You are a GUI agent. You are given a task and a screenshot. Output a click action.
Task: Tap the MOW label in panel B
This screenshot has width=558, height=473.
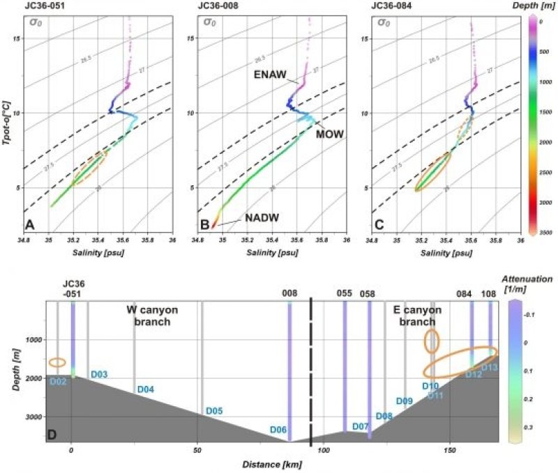(328, 133)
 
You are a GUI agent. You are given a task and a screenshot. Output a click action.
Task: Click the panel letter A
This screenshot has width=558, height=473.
(29, 224)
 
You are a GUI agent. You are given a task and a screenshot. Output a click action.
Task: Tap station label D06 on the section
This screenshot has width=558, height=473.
(278, 430)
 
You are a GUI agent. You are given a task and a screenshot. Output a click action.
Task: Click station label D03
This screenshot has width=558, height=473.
(99, 375)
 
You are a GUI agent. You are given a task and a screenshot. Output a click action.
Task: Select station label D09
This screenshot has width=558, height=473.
(405, 401)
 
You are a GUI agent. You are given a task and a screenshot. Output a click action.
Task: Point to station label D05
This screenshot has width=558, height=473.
(214, 411)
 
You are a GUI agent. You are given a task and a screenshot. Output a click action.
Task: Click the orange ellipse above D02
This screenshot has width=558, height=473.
(57, 362)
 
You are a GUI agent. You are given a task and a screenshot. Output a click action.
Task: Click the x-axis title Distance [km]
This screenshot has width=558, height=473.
(272, 463)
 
